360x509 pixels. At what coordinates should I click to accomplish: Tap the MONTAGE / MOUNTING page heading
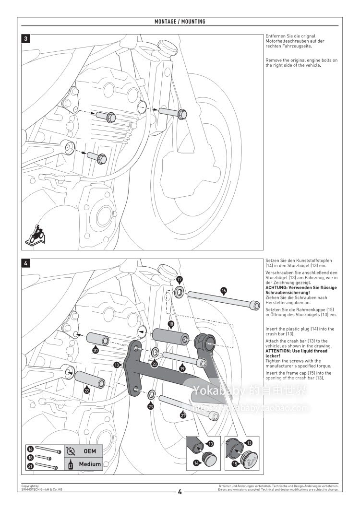[180, 22]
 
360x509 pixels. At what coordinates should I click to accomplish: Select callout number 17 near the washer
[180, 279]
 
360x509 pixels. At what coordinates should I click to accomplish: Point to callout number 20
[96, 351]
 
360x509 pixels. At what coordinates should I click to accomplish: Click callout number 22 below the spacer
[87, 390]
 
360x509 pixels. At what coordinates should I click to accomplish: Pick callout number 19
[182, 368]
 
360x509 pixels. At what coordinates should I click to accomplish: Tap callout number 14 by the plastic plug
[196, 463]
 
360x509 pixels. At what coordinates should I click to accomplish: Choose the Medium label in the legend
[90, 464]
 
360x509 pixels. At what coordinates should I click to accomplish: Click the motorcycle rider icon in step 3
[35, 236]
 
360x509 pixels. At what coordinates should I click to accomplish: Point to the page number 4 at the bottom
[180, 491]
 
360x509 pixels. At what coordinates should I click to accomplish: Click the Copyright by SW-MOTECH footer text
[42, 487]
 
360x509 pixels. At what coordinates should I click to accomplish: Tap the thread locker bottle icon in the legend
[71, 464]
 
